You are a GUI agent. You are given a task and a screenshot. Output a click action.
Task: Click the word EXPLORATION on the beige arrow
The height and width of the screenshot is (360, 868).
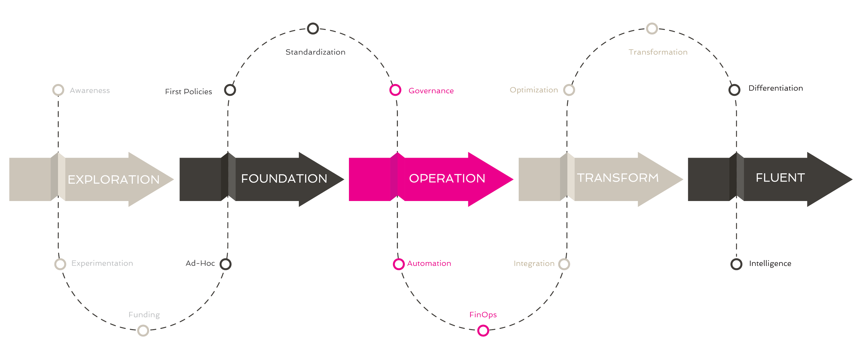pyautogui.click(x=114, y=179)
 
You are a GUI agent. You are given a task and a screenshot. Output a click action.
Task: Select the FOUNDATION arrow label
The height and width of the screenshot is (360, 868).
pyautogui.click(x=284, y=178)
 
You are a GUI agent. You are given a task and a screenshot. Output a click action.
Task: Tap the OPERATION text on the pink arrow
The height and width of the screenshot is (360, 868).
pyautogui.click(x=447, y=178)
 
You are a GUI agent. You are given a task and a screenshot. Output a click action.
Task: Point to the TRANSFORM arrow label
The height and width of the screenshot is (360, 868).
pyautogui.click(x=618, y=178)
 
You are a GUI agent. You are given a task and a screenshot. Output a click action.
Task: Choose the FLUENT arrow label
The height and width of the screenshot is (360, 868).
pyautogui.click(x=780, y=178)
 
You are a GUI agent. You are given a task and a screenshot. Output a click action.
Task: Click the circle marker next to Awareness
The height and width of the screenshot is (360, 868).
pyautogui.click(x=58, y=90)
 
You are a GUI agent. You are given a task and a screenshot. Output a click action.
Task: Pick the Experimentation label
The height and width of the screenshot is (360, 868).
pyautogui.click(x=102, y=263)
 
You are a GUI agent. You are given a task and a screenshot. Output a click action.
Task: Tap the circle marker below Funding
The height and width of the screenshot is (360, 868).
pyautogui.click(x=143, y=330)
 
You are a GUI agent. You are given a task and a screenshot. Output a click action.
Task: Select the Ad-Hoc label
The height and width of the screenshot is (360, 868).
pyautogui.click(x=200, y=263)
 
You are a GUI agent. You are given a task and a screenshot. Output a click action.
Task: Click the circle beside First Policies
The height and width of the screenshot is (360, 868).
pyautogui.click(x=230, y=90)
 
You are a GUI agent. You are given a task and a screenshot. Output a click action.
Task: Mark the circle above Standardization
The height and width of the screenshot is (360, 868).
pyautogui.click(x=313, y=28)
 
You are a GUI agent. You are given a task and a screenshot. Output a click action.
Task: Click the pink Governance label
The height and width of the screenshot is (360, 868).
pyautogui.click(x=431, y=91)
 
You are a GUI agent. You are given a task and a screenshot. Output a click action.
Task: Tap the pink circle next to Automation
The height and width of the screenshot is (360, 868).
pyautogui.click(x=399, y=264)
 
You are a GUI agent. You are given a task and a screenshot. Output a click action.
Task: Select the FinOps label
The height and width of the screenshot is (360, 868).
pyautogui.click(x=483, y=315)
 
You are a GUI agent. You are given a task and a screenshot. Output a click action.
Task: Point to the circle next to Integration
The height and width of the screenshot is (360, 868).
pyautogui.click(x=564, y=264)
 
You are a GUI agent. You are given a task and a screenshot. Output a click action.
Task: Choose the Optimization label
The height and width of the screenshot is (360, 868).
pyautogui.click(x=534, y=90)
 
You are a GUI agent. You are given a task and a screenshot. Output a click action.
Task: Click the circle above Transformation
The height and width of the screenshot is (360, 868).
pyautogui.click(x=652, y=28)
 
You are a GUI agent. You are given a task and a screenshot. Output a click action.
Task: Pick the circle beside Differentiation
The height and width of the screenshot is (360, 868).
pyautogui.click(x=734, y=90)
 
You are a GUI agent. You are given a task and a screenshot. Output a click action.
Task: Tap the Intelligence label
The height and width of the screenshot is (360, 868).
pyautogui.click(x=770, y=263)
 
